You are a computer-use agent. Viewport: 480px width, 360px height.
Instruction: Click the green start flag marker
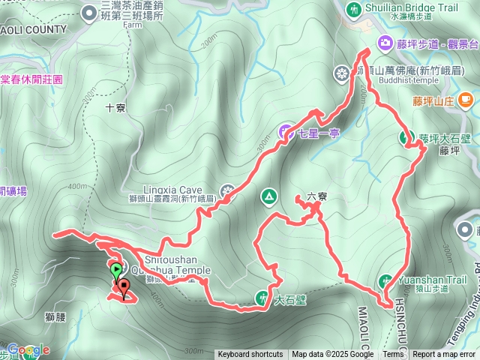(116, 270)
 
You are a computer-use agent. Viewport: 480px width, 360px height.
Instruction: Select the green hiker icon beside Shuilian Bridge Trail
(353, 8)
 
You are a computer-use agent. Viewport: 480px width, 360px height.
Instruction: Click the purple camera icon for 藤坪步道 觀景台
(385, 43)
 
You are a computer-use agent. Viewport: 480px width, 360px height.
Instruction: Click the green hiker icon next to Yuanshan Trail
(386, 281)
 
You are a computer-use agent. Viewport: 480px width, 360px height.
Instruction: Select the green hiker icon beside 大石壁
(262, 297)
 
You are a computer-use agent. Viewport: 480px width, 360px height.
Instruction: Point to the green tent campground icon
(268, 196)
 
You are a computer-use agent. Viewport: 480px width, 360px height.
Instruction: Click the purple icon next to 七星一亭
(286, 133)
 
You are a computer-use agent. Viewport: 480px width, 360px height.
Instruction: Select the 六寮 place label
(317, 197)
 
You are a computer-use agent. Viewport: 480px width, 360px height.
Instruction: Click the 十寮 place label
(115, 108)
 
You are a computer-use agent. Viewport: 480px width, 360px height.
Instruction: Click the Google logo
(28, 349)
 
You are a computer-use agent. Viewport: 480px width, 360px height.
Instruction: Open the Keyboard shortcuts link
(250, 355)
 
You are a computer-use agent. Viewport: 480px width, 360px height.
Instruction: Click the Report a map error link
(445, 355)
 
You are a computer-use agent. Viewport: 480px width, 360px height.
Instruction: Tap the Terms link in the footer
(393, 355)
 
